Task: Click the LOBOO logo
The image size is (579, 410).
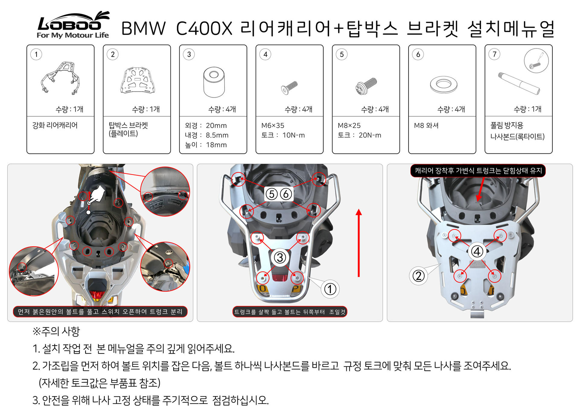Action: coord(73,25)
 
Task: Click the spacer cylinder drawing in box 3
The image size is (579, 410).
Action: coord(214,82)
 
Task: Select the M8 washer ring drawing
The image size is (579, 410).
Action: coord(444,85)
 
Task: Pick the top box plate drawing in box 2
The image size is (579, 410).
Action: coord(137,80)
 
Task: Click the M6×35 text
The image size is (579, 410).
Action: coord(273,125)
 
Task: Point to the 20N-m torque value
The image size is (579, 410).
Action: coord(370,135)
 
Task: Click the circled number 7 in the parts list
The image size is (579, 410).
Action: coord(494,54)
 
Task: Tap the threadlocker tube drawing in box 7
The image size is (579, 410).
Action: coord(519,83)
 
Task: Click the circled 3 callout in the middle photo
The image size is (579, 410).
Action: coord(280,257)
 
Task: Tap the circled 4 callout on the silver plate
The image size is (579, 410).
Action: coord(477,251)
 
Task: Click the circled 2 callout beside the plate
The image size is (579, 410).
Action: coord(418,276)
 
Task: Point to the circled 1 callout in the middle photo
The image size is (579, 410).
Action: coord(330,289)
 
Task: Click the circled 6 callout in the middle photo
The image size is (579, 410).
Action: coord(286,194)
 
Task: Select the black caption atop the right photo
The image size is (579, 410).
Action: coord(478,171)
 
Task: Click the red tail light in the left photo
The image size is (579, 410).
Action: coord(97,294)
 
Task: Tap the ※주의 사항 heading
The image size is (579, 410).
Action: coord(56,331)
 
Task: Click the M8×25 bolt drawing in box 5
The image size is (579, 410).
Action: coord(366,86)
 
